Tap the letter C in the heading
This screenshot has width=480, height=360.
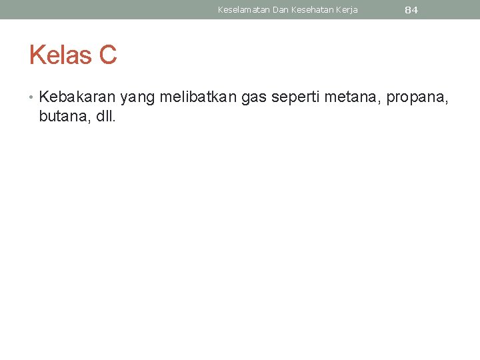click(x=108, y=55)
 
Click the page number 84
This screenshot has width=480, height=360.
click(x=411, y=10)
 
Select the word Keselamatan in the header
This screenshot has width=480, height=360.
click(x=244, y=10)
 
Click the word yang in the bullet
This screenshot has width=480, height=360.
click(x=137, y=98)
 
